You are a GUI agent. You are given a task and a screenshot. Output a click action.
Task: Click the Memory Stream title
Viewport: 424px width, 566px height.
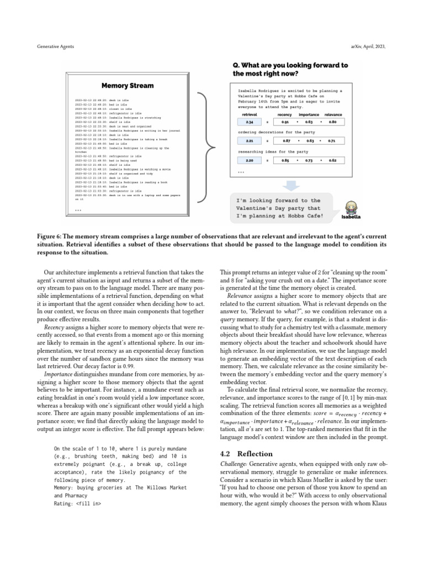[128, 86]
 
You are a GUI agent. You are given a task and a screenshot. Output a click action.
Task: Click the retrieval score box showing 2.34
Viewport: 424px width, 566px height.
[250, 122]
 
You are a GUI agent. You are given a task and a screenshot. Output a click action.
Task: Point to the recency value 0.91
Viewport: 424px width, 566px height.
[285, 122]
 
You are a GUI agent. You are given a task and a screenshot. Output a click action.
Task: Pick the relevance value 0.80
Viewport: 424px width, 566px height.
[333, 122]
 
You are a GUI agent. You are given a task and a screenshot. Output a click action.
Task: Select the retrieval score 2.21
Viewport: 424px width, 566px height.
[250, 141]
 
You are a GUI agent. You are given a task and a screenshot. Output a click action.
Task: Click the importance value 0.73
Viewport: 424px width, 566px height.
[309, 160]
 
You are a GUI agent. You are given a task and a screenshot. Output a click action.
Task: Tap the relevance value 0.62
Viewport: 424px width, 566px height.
[333, 160]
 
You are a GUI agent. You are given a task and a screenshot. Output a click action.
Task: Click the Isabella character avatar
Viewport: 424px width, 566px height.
[351, 208]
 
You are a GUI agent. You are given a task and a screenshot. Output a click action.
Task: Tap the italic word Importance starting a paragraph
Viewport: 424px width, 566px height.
[58, 374]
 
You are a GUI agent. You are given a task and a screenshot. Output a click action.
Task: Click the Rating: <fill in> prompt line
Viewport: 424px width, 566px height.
[77, 504]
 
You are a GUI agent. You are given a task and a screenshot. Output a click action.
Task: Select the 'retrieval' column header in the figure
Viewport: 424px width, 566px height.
[250, 114]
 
